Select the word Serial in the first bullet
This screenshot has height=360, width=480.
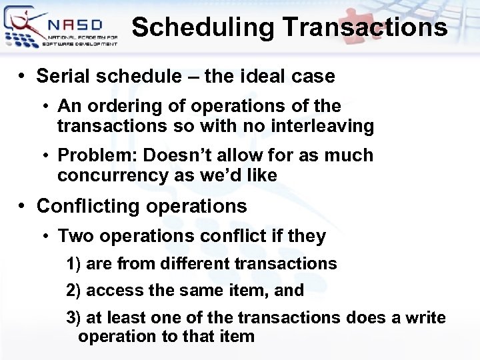pos(64,77)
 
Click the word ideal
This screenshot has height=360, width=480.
pos(261,77)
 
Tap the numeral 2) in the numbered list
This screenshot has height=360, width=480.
pos(74,291)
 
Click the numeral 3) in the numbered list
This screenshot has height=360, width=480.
pos(74,318)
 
